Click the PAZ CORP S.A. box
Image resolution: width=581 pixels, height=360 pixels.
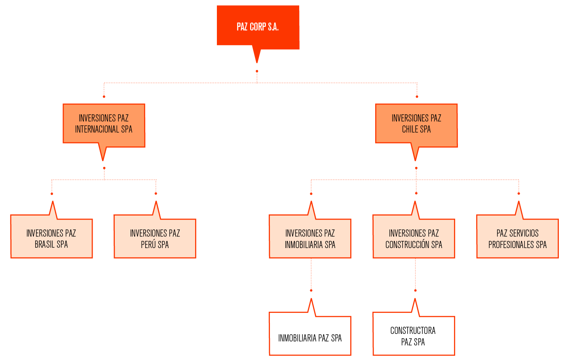tap(258, 27)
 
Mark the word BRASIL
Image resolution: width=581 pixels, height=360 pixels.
tap(45, 244)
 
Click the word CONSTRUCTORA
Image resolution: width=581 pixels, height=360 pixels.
tap(413, 331)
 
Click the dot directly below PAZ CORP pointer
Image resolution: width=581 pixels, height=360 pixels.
tap(257, 71)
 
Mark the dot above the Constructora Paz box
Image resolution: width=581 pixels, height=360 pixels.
tap(415, 290)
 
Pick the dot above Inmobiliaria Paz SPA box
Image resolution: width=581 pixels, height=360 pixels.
tap(311, 290)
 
